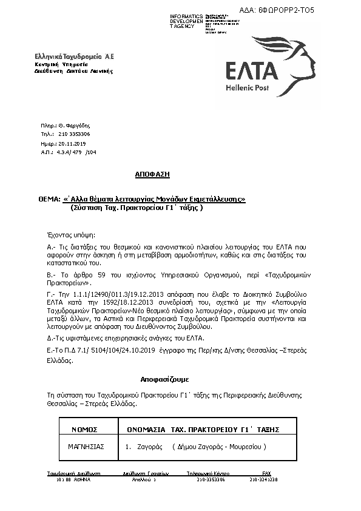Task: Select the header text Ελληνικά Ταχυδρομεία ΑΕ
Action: (x=73, y=56)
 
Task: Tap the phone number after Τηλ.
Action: (x=75, y=134)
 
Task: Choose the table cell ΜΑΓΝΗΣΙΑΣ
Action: (x=87, y=447)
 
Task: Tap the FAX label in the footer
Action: (x=266, y=472)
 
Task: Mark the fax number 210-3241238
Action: (x=263, y=479)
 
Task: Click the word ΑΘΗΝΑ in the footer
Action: (x=81, y=479)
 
